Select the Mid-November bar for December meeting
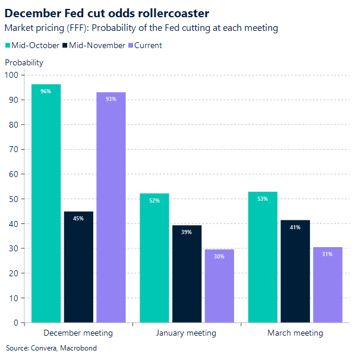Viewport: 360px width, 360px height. (78, 267)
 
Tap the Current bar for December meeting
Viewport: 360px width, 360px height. (111, 207)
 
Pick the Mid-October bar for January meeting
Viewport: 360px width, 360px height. (154, 258)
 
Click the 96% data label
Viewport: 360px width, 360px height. (46, 91)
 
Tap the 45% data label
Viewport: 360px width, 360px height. (78, 219)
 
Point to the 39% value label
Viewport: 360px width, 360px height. (187, 232)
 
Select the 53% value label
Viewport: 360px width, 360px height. (263, 199)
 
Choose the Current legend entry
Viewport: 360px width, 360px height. (145, 45)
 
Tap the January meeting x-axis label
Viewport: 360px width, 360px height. (186, 333)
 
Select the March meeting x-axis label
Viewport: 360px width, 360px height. (295, 333)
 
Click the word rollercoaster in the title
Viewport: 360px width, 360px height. (173, 12)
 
